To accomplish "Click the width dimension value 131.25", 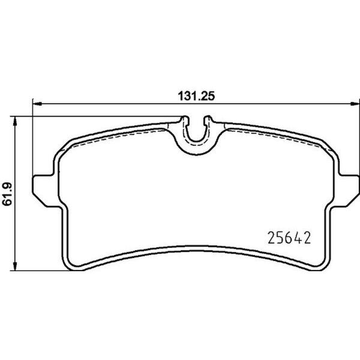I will point(193,95).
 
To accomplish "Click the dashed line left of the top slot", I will point(120,134).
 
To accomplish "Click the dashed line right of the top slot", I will point(270,134).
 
